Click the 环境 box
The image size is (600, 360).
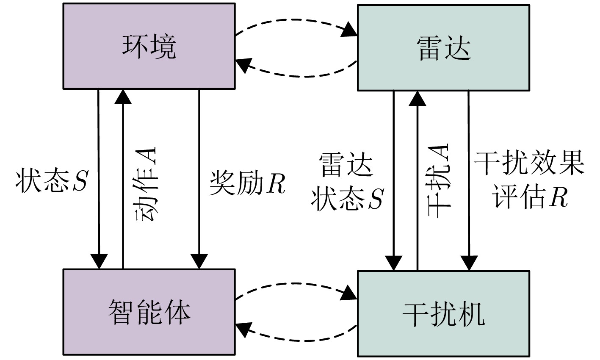(149, 47)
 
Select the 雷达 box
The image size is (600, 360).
(443, 47)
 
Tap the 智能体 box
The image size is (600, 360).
(149, 312)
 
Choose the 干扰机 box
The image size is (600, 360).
(443, 314)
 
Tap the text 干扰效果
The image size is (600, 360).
(529, 163)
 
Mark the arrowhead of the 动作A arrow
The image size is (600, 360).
(123, 97)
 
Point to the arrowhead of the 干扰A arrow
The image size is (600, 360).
(418, 98)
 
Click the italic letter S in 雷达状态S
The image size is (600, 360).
(375, 198)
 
